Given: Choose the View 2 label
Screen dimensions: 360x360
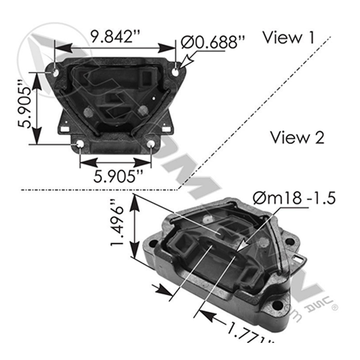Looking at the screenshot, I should pyautogui.click(x=297, y=137).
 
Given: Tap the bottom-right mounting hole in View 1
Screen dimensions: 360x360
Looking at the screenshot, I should pyautogui.click(x=151, y=144).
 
